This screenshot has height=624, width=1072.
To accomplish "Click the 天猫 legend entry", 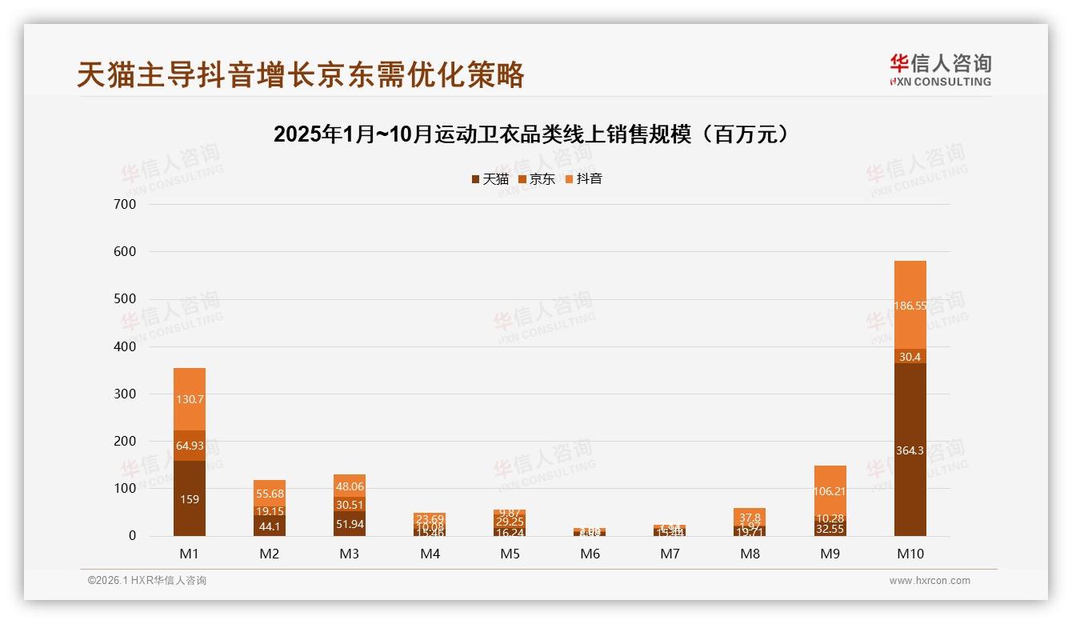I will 490,179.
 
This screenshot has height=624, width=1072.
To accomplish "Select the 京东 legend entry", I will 537,179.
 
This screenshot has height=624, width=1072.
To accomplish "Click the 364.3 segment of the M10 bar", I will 910,450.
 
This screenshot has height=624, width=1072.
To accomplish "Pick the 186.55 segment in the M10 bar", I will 910,305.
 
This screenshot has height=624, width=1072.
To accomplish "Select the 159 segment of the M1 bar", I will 190,498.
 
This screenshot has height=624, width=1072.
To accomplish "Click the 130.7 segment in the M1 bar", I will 190,398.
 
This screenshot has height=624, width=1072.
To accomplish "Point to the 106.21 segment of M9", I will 830,490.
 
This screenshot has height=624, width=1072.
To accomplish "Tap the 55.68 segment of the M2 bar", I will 270,493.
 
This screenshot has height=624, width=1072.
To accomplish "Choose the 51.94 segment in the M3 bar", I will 350,524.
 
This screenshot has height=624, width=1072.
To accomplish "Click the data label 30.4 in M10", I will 910,357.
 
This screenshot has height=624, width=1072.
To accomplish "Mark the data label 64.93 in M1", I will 190,446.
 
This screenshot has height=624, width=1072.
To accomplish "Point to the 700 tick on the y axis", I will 124,204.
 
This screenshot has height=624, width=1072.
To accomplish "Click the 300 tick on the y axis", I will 124,394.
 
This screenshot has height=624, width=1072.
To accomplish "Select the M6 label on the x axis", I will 590,554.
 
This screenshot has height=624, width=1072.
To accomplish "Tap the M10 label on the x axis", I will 910,554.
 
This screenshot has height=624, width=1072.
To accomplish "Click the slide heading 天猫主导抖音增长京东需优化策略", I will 301,74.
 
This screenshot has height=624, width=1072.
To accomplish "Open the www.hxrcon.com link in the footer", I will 930,581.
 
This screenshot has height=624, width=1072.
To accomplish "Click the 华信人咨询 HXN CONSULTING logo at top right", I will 940,70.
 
